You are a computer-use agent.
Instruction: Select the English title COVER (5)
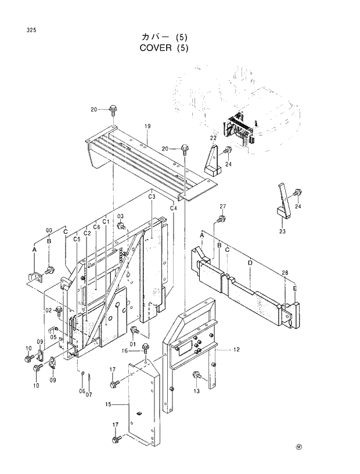point(164,48)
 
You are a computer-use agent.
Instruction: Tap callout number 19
point(147,126)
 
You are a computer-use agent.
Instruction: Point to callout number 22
point(213,138)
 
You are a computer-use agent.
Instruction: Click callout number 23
point(283,231)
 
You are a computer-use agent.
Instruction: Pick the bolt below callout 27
point(221,219)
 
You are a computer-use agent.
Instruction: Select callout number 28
point(285,273)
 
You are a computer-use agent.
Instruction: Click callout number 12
point(236,350)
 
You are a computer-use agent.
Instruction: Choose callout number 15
point(109,404)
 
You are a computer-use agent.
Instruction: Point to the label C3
point(152,197)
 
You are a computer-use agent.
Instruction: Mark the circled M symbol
point(300,447)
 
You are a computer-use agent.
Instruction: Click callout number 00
point(49,230)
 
